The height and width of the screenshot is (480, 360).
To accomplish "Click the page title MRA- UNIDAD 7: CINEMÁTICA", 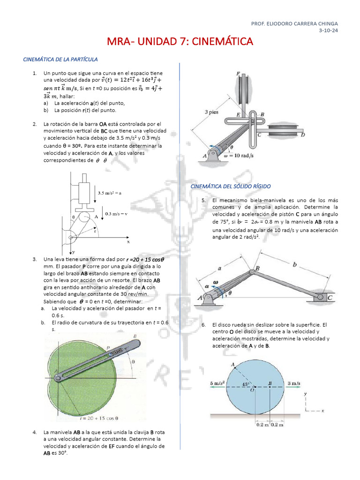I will pos(180,42).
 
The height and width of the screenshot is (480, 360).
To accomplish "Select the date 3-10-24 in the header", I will pos(328,30).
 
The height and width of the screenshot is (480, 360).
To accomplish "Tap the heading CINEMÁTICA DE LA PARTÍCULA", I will pos(60,60).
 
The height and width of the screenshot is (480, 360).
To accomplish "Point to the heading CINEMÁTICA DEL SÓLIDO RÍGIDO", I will pos(231,187).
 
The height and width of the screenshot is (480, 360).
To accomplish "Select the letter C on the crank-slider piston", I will pos(330,297).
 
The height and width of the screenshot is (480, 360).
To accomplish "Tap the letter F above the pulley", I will pos(238,74).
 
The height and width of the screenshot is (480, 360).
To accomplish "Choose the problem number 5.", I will pos(203,200).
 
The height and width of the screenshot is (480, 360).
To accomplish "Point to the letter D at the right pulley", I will pos(303,135).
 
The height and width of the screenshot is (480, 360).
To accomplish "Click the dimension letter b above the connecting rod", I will pos(294,265).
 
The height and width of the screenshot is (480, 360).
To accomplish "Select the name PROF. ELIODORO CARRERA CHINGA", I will pos(294,23).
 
